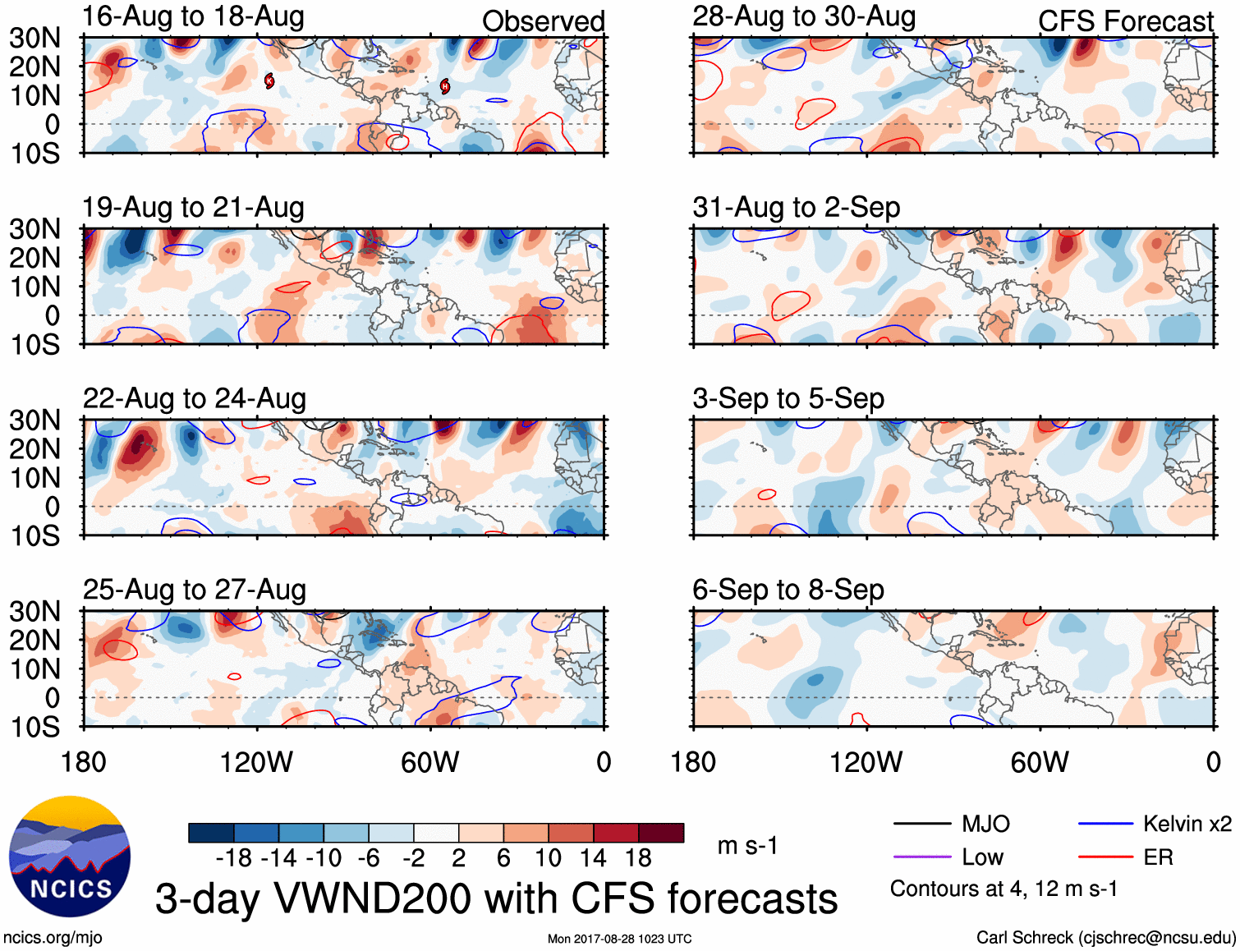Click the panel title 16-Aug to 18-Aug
click(193, 16)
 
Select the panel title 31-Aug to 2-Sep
click(796, 207)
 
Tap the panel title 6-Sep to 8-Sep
click(788, 590)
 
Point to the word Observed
click(543, 21)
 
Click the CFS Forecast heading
click(1125, 21)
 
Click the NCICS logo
click(70, 857)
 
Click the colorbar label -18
click(233, 858)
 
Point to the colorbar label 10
click(548, 858)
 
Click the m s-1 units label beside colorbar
click(747, 845)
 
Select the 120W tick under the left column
click(256, 762)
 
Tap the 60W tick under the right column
click(1040, 762)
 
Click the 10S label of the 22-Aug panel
click(35, 535)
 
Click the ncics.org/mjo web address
click(53, 937)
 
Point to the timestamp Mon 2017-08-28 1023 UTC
click(619, 939)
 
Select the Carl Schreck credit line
click(1105, 937)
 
